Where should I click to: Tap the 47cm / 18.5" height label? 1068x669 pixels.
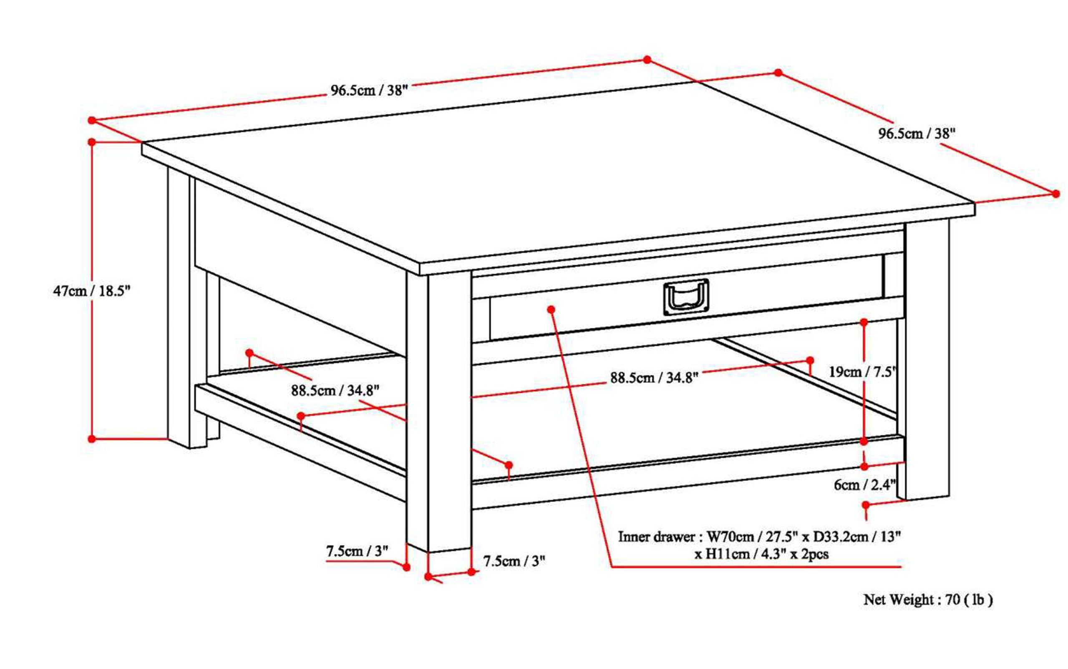coord(92,292)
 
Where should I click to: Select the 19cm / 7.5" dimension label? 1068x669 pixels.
coord(862,372)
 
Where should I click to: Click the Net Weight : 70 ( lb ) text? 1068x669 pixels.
coord(928,600)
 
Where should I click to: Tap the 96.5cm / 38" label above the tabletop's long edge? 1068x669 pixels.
coord(368,91)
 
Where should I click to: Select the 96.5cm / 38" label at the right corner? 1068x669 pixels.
coord(917,134)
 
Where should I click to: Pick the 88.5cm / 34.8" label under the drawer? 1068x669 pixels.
coord(654,378)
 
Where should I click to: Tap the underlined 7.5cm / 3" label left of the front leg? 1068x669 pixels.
coord(357,552)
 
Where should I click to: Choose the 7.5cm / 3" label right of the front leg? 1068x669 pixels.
coord(514,561)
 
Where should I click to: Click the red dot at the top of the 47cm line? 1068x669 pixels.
coord(92,142)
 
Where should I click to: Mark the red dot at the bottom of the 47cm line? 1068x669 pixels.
coord(92,439)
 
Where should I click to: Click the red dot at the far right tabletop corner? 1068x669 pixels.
coord(1055,194)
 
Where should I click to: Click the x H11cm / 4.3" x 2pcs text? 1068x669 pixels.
coord(761,554)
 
